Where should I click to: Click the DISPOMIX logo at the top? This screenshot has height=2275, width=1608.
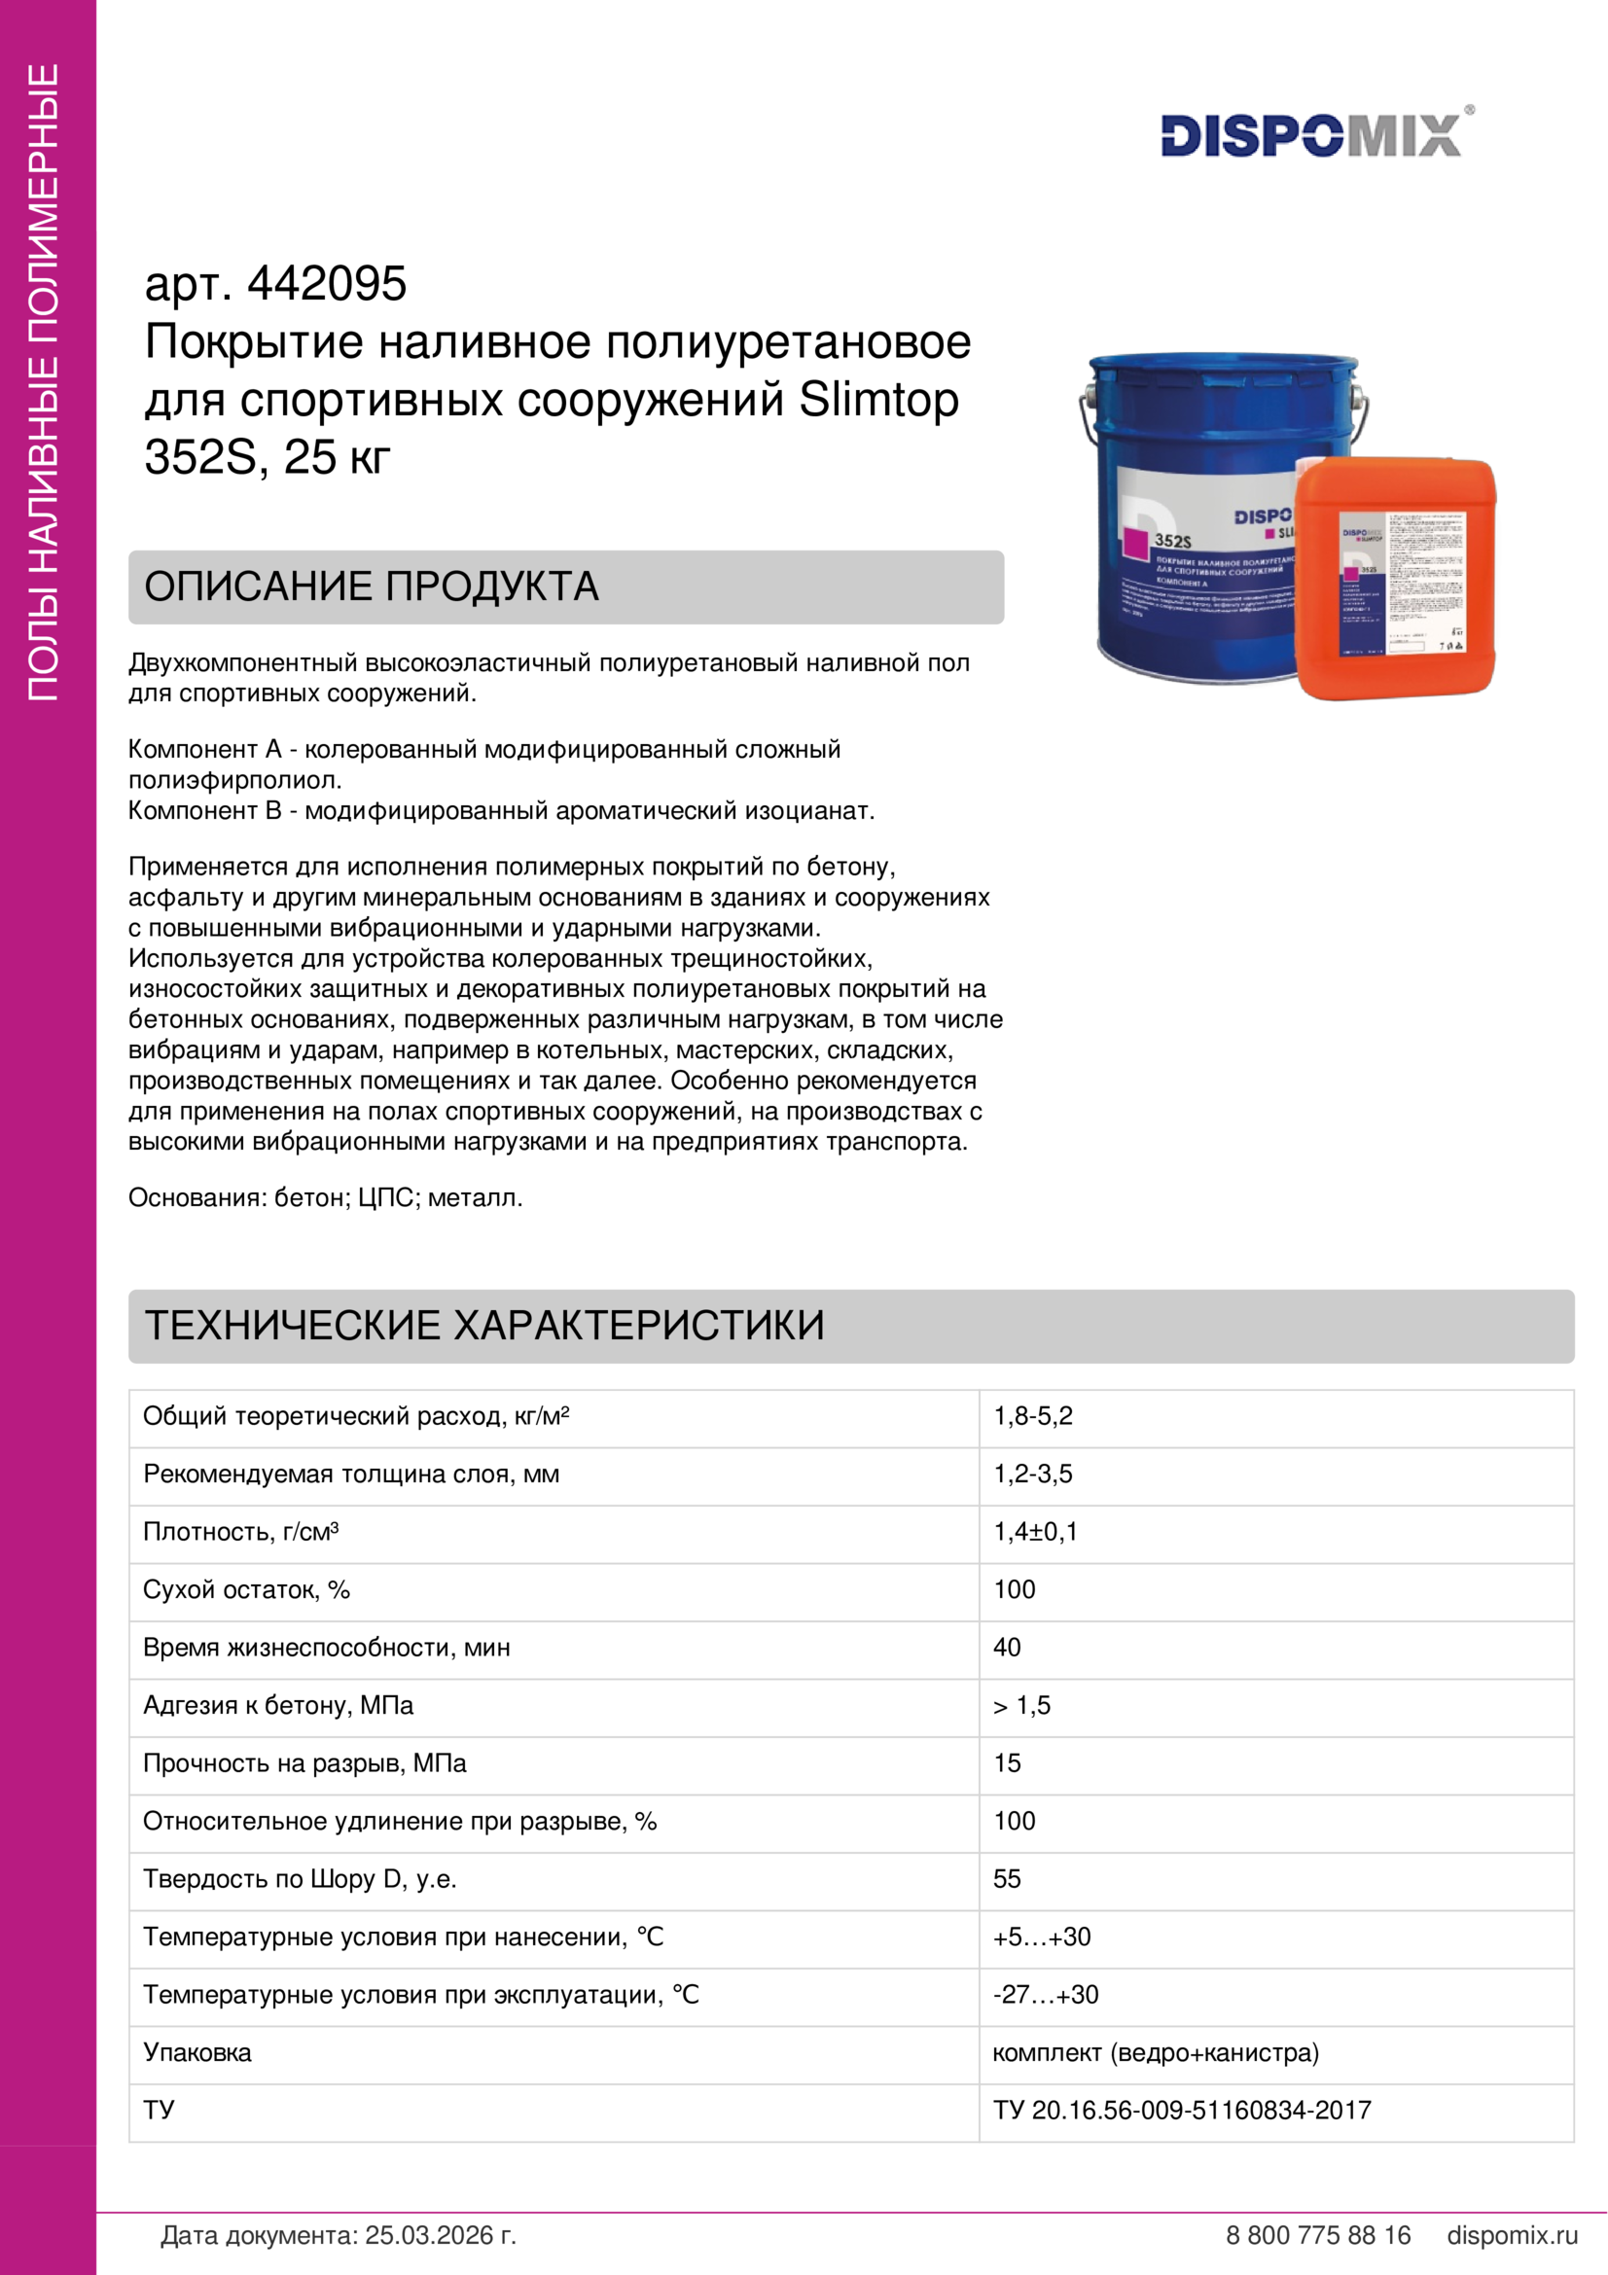[x=1311, y=136]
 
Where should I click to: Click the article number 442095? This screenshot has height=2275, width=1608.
[x=326, y=284]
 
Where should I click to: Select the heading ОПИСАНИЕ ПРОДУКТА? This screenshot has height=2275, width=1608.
[x=372, y=587]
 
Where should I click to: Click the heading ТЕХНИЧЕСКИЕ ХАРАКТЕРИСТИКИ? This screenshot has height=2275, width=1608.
[x=484, y=1326]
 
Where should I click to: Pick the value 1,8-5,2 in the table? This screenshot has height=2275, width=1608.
[x=1032, y=1416]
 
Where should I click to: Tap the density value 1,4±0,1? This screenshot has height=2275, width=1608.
[x=1035, y=1532]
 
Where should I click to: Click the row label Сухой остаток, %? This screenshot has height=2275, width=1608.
[x=247, y=1589]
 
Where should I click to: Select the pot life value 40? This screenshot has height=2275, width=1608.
[x=1007, y=1647]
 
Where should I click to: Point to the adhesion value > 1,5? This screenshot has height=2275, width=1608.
[x=1021, y=1705]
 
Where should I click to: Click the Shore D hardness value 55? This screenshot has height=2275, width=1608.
[x=1007, y=1879]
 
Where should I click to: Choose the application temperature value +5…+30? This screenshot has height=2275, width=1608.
[x=1041, y=1937]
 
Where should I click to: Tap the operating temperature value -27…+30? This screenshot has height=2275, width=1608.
[x=1046, y=1995]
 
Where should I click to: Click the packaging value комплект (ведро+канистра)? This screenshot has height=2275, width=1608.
[x=1156, y=2052]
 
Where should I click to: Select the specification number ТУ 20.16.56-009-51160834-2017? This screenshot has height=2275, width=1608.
[x=1182, y=2111]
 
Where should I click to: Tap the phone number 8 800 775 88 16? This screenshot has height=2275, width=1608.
[x=1318, y=2235]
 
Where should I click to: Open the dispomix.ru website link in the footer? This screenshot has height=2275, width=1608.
[x=1512, y=2235]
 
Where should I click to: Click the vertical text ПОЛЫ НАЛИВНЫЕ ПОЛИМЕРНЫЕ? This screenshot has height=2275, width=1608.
[x=44, y=382]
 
